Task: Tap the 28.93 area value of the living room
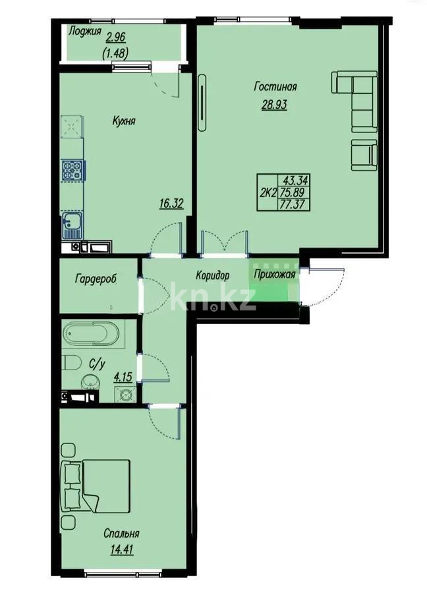[x=274, y=104]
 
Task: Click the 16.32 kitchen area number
[x=171, y=204]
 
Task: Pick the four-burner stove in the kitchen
[x=72, y=170]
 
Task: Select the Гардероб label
[x=96, y=278]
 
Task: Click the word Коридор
[x=212, y=275]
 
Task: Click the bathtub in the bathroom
[x=92, y=335]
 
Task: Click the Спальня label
[x=121, y=533]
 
